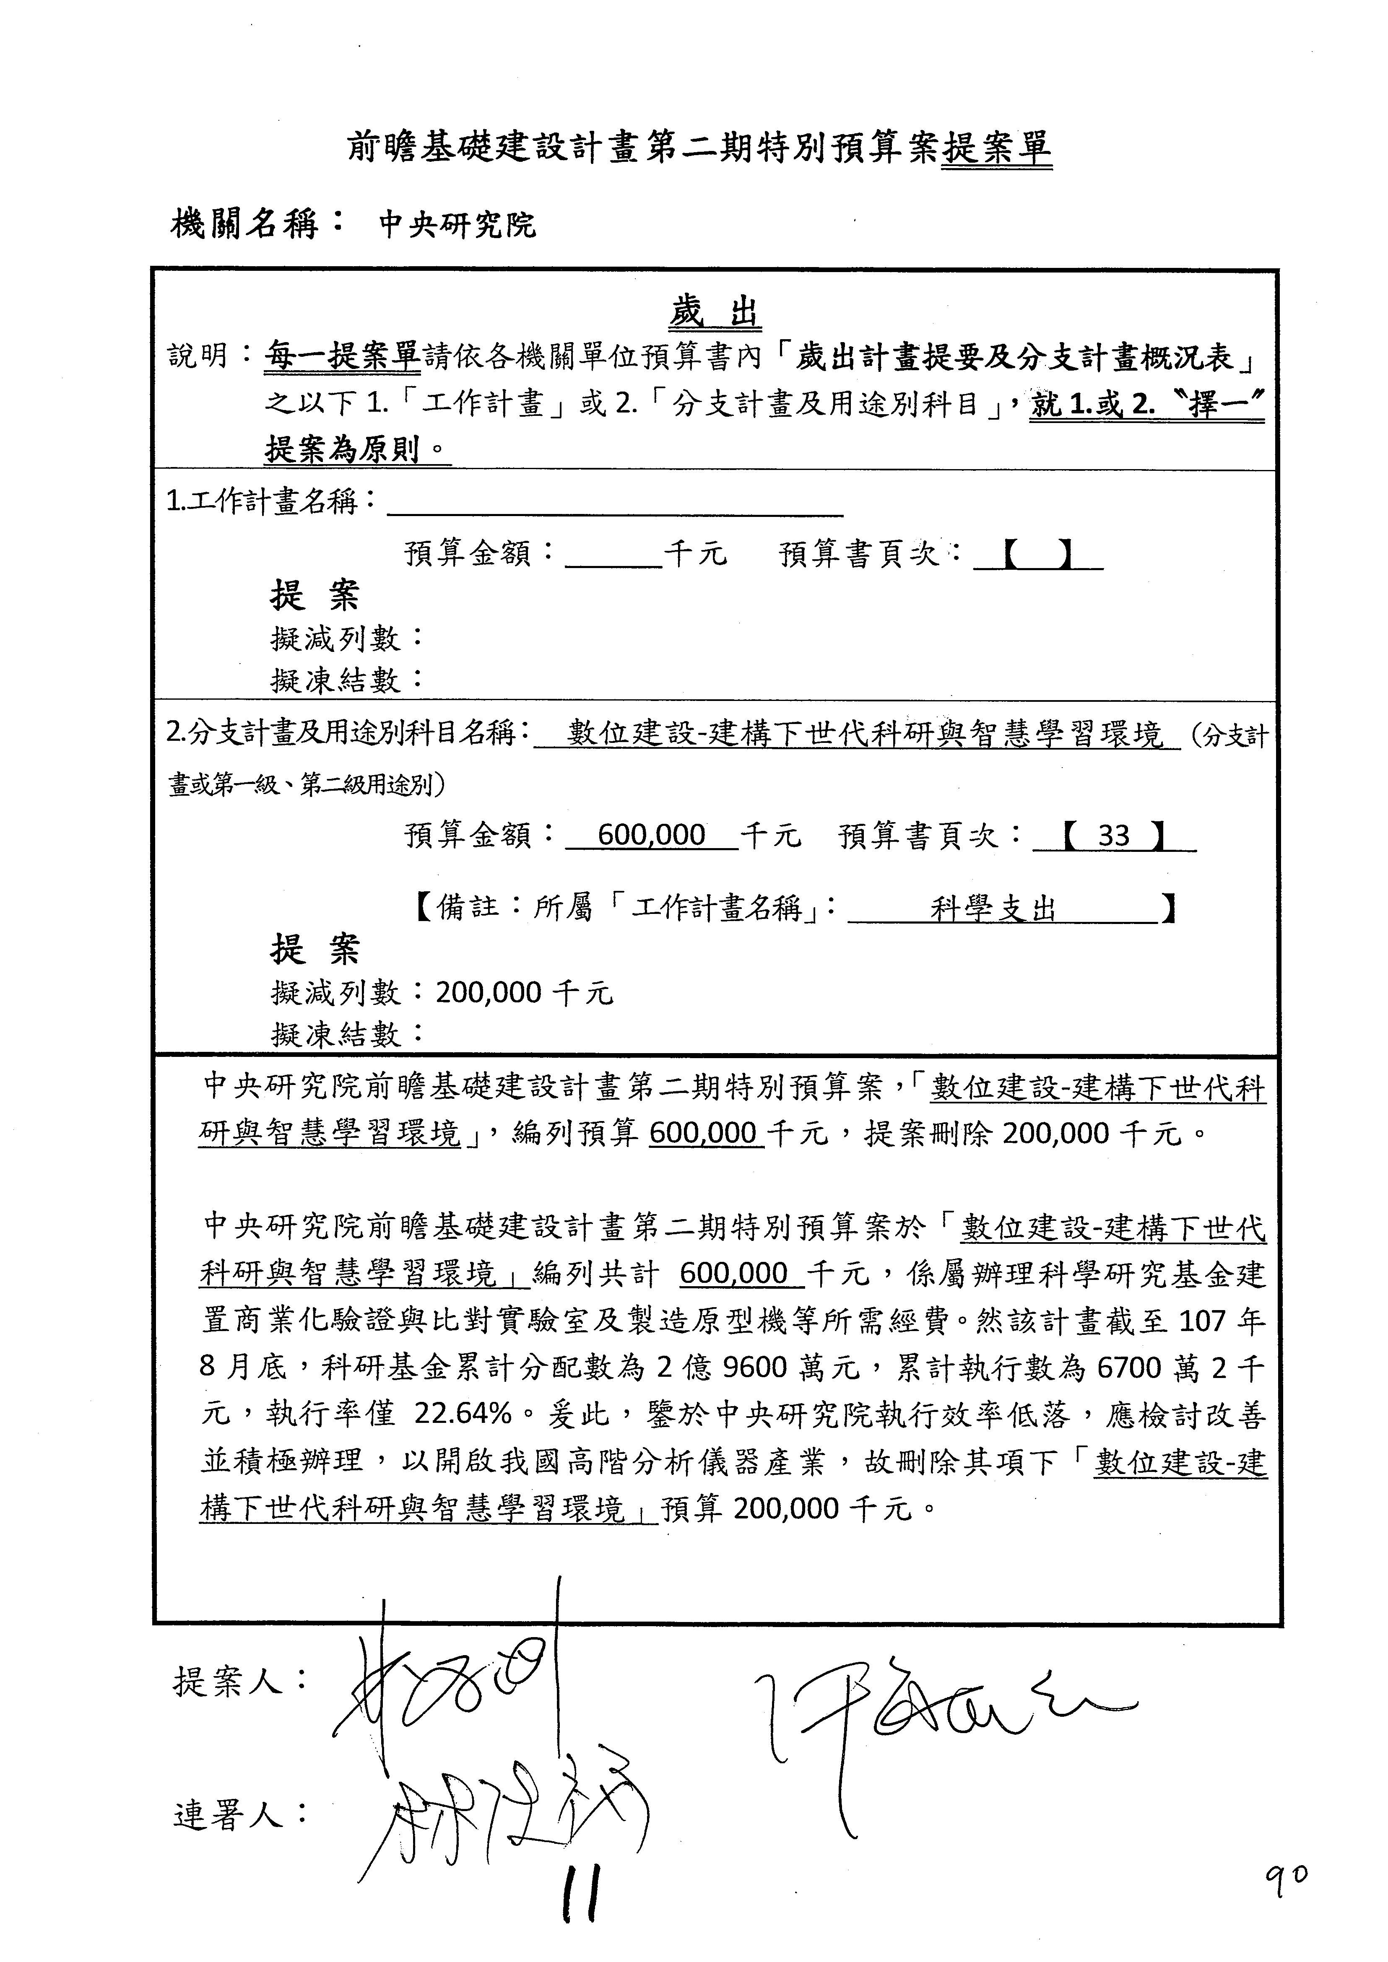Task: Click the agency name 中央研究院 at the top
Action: pyautogui.click(x=457, y=225)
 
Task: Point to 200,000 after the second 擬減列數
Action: pyautogui.click(x=488, y=993)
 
